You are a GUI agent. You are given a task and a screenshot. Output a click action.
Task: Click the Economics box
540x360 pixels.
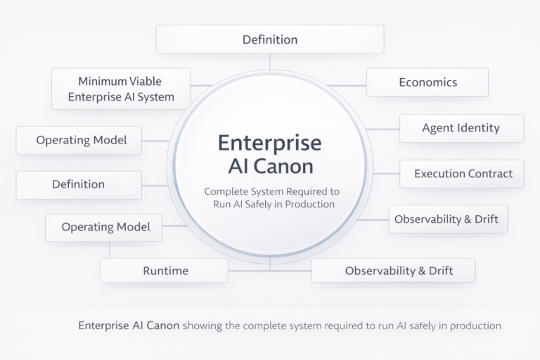[427, 82]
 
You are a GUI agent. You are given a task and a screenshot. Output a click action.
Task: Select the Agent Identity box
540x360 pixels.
[461, 129]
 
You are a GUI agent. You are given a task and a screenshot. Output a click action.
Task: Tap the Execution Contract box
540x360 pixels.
[461, 174]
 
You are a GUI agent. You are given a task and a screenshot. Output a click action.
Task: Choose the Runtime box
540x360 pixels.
[165, 271]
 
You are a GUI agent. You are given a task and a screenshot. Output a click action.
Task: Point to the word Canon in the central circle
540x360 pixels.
[286, 167]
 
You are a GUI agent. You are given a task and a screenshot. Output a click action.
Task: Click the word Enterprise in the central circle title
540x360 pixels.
[269, 143]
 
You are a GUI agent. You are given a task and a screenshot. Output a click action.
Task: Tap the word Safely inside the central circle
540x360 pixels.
[268, 205]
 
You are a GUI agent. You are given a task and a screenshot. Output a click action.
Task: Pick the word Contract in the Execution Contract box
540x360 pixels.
[489, 174]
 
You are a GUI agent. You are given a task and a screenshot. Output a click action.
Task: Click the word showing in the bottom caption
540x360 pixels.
[204, 326]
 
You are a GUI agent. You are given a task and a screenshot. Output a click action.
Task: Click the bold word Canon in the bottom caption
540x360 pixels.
[163, 326]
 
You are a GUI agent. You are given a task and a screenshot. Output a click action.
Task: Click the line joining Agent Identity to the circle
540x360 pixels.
[382, 129]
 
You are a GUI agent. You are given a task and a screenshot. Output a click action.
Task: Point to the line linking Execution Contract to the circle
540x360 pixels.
[387, 174]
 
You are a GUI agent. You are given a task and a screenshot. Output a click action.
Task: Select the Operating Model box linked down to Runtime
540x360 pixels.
[103, 228]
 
